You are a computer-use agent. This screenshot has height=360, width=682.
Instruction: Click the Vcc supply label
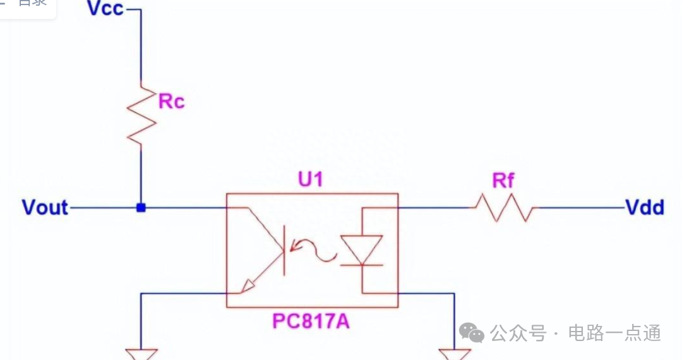[x=105, y=9]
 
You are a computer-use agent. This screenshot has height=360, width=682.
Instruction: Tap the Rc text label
[x=171, y=101]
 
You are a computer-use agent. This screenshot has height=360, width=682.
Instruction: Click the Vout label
[x=45, y=208]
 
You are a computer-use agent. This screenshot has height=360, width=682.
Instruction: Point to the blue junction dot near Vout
[x=141, y=207]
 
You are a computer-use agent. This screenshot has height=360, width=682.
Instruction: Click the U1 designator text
[x=310, y=180]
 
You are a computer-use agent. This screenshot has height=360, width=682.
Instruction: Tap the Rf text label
[x=503, y=181]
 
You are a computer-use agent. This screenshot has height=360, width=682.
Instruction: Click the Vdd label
[x=644, y=207]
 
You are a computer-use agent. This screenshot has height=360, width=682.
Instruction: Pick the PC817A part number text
[x=311, y=321]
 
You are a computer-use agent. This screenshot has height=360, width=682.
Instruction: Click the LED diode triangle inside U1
[x=361, y=249]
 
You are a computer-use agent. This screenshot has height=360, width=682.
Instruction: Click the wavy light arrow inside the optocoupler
[x=314, y=251]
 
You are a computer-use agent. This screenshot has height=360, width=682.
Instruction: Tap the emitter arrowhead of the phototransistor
[x=247, y=287]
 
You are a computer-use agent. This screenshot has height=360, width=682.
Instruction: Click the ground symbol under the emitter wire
[x=141, y=354]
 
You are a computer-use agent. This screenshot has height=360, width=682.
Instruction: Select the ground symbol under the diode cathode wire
[x=454, y=354]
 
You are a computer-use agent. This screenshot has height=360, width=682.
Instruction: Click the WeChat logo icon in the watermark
[x=472, y=332]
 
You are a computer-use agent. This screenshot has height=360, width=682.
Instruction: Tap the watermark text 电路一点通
[x=614, y=333]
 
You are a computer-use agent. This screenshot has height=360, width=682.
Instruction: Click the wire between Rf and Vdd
[x=578, y=207]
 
